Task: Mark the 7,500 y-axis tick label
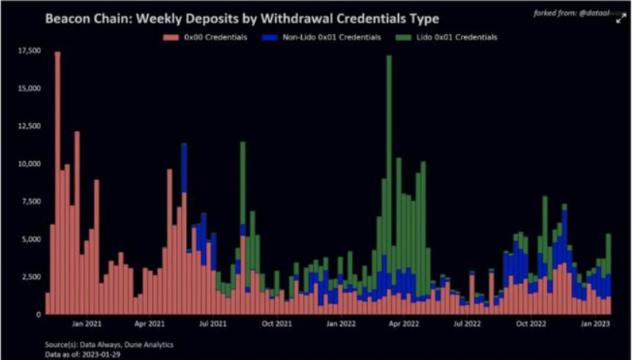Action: pos(28,201)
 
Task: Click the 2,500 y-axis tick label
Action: pos(28,276)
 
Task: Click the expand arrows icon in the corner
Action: pos(620,19)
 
